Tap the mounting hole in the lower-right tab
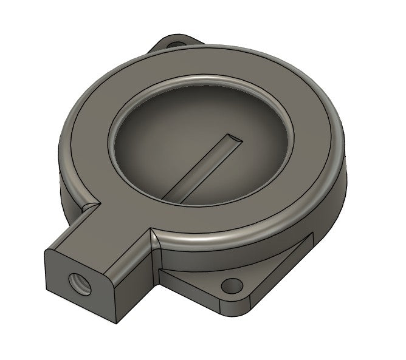click(232, 285)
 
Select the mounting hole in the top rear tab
click(176, 44)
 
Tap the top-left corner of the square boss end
click(46, 250)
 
